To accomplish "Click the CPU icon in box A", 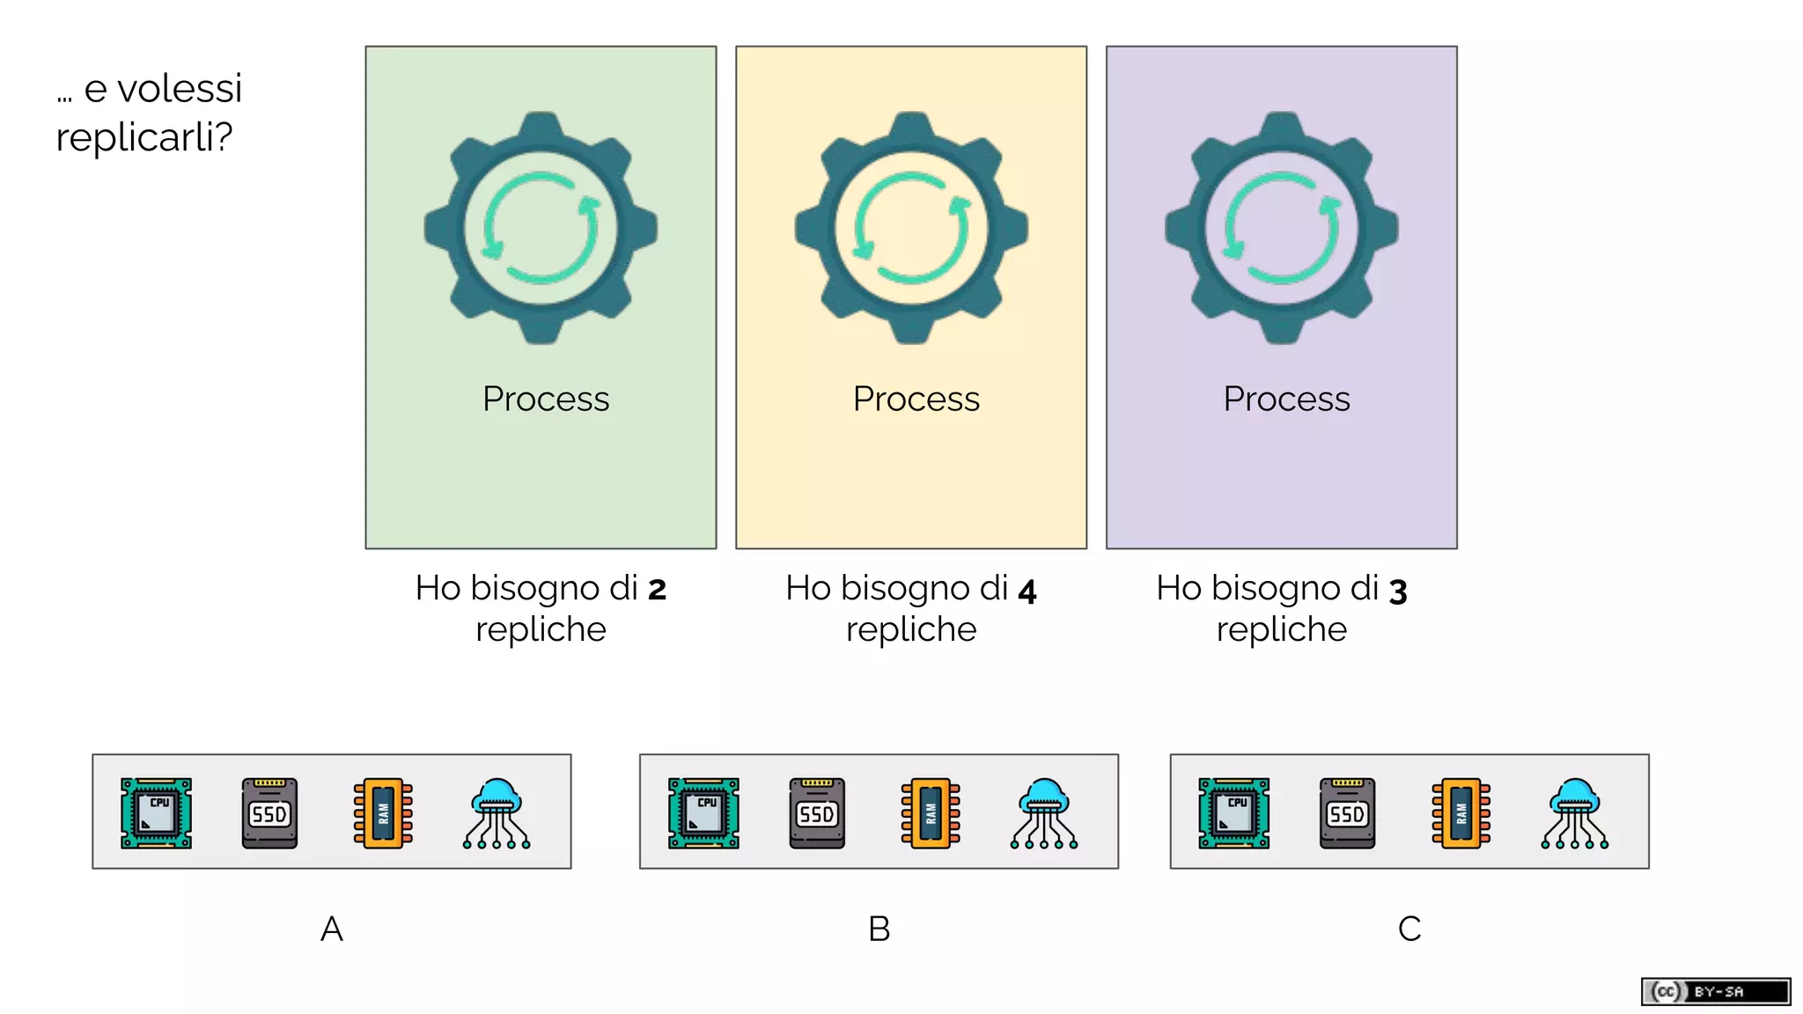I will click(x=156, y=812).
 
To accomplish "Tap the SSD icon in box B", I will click(x=817, y=812).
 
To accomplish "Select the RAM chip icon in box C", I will click(x=1461, y=812).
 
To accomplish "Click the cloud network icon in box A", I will click(x=497, y=812).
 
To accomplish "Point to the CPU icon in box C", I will click(x=1233, y=812).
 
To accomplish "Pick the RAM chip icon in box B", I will click(x=931, y=812).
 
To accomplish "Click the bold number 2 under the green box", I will click(x=657, y=590).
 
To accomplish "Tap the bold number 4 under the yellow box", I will click(x=1027, y=591).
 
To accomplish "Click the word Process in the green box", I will click(x=545, y=399).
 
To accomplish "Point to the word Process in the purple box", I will click(x=1286, y=399).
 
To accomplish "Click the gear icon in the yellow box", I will click(x=911, y=228).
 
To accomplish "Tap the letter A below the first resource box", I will click(x=331, y=929).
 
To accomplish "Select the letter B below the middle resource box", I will click(x=879, y=929).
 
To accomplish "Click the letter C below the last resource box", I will click(x=1409, y=929).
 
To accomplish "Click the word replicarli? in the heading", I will click(x=144, y=137).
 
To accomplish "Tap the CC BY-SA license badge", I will click(x=1715, y=991).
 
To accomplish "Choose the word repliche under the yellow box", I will click(x=911, y=630).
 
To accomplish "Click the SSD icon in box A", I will click(x=269, y=812).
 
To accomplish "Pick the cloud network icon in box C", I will click(x=1574, y=812).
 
